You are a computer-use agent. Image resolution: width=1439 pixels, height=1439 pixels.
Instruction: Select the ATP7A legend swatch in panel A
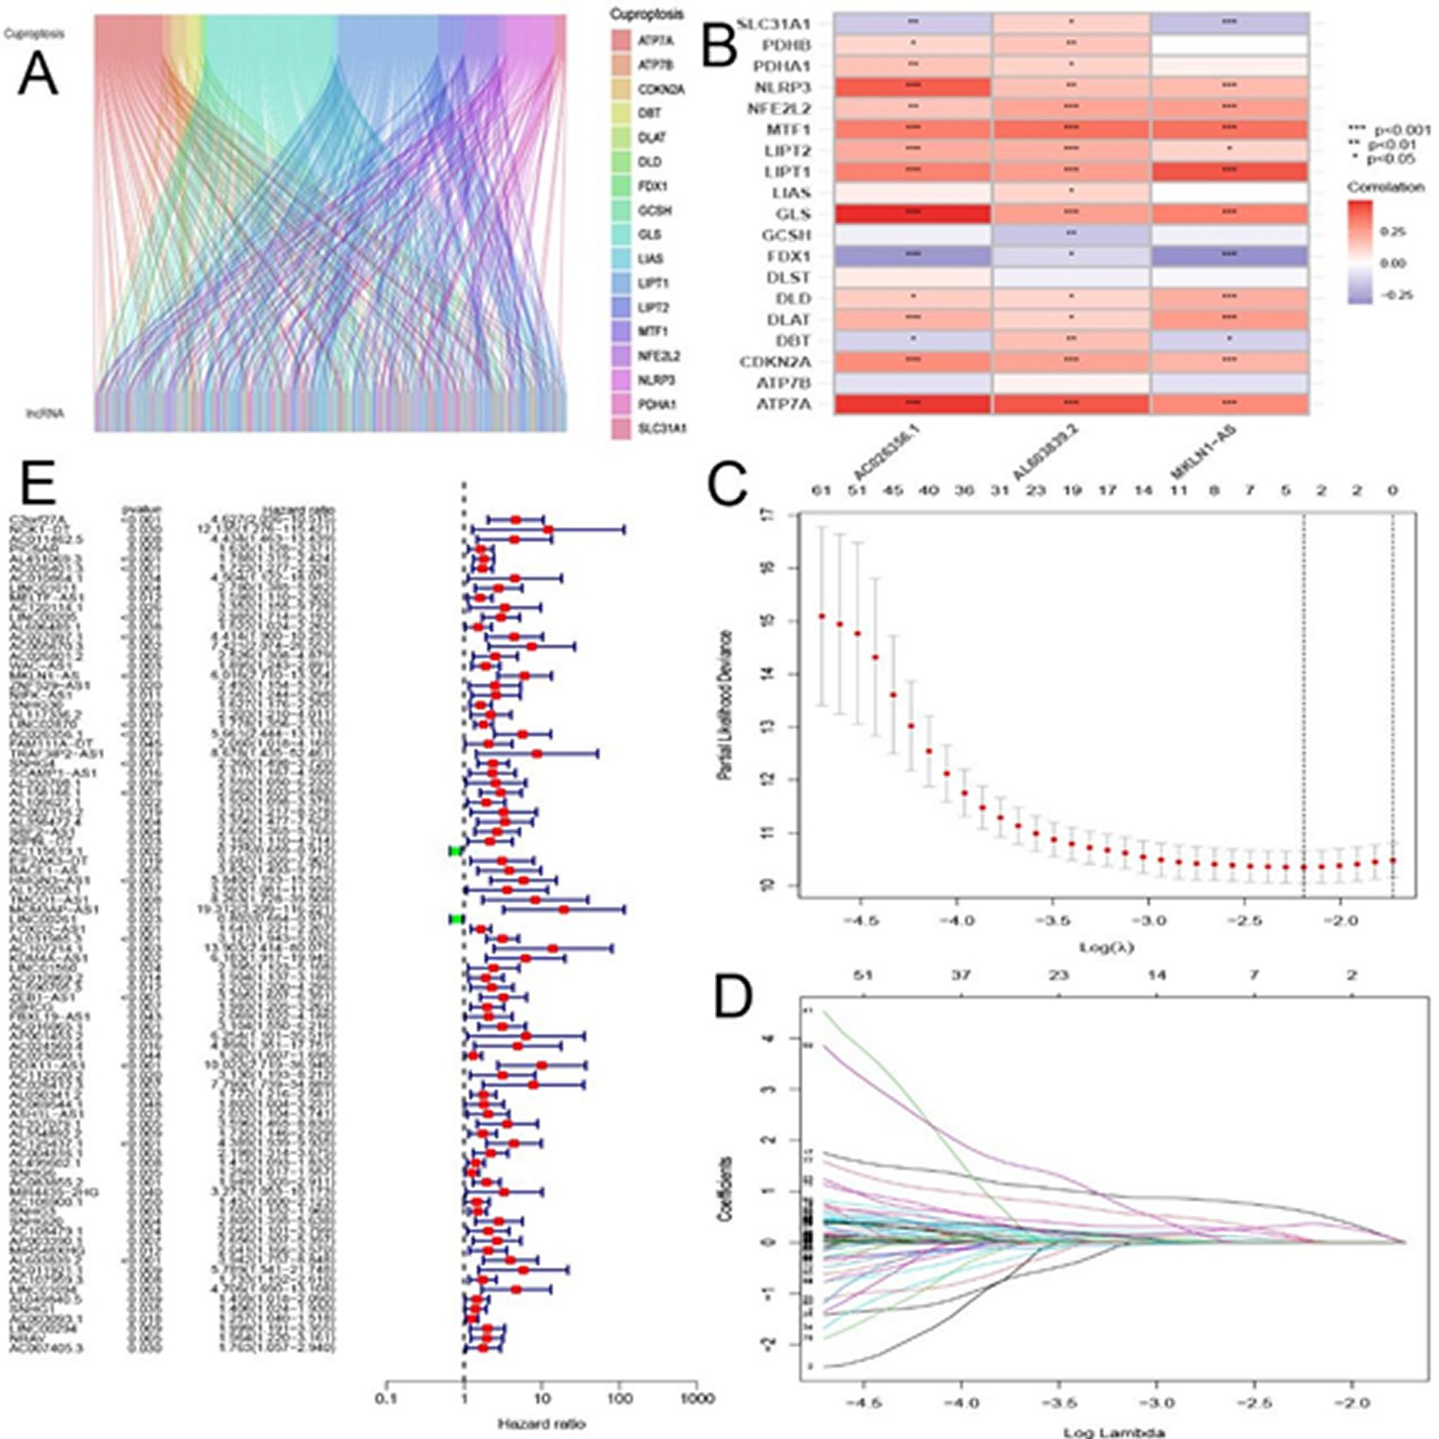622,41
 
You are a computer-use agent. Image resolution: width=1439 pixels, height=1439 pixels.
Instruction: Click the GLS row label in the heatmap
795,214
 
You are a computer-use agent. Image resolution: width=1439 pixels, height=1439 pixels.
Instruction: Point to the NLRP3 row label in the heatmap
782,87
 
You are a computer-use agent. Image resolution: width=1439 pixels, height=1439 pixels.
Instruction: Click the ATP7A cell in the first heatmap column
912,404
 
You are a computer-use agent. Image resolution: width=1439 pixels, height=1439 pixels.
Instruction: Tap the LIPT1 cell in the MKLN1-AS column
1229,171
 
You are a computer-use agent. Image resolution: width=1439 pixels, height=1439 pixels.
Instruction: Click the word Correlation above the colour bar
1385,187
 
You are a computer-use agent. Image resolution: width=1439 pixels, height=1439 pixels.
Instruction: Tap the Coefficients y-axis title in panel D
725,1190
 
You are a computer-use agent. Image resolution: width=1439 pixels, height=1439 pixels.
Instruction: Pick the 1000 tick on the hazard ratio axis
696,1398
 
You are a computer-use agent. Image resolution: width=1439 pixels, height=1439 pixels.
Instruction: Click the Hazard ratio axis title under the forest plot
541,1424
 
